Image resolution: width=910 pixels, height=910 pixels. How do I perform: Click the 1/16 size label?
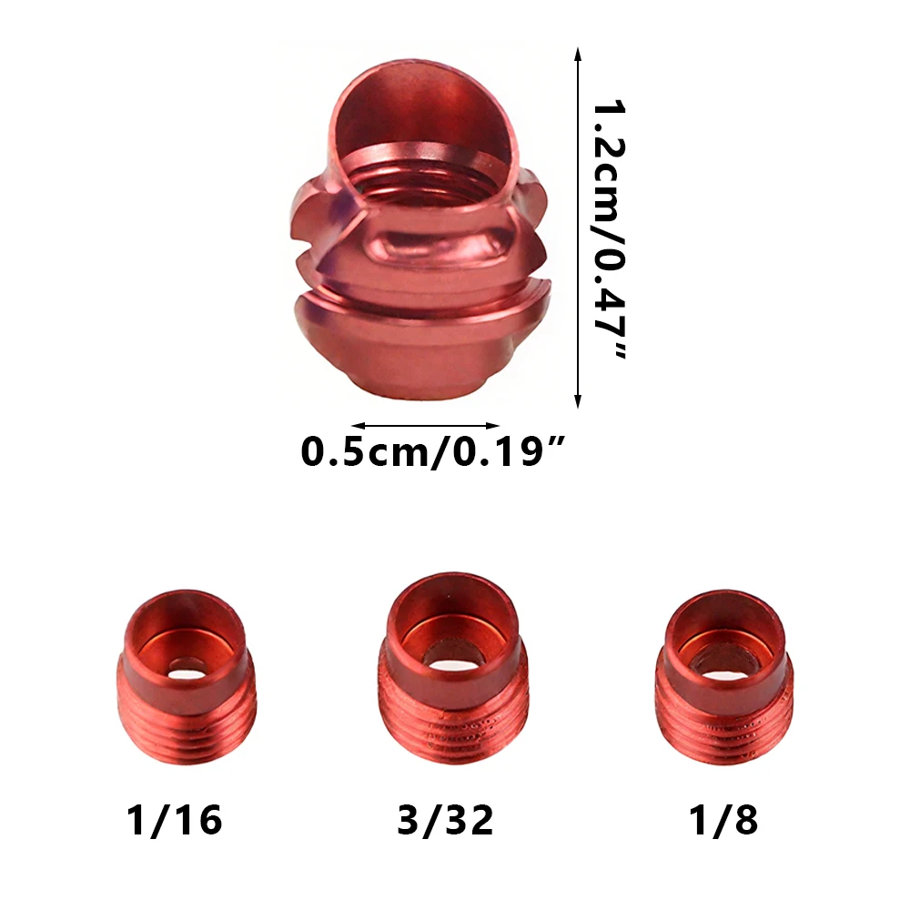(174, 820)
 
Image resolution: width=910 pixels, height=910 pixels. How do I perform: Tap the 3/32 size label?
(445, 820)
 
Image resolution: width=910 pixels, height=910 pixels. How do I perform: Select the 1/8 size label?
(723, 820)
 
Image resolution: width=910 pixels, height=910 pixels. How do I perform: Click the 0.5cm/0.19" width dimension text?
(432, 452)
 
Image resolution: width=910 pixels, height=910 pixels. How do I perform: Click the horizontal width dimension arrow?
(425, 425)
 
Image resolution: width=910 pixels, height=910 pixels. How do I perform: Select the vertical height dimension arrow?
(577, 227)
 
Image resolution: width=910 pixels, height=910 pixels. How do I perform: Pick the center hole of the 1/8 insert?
(727, 670)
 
